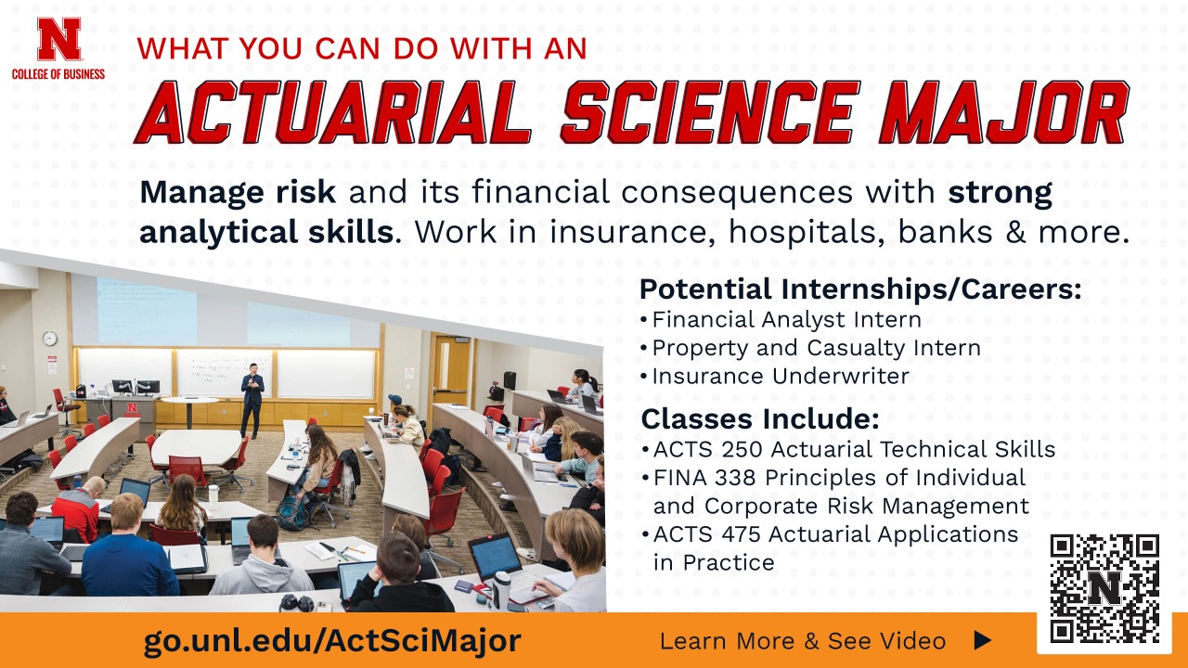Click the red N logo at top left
[x=58, y=39]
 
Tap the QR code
[x=1104, y=588]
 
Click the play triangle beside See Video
[x=983, y=640]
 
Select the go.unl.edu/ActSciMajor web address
[x=331, y=640]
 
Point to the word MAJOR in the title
[x=1002, y=113]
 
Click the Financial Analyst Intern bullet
[x=786, y=320]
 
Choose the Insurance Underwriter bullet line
[x=780, y=376]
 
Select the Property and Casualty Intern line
[x=816, y=348]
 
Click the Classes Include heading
[x=760, y=418]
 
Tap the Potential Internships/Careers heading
[x=860, y=289]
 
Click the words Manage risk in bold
[x=238, y=193]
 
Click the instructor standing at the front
[x=252, y=399]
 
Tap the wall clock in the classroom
[x=50, y=339]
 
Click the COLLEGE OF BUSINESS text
[x=58, y=73]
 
